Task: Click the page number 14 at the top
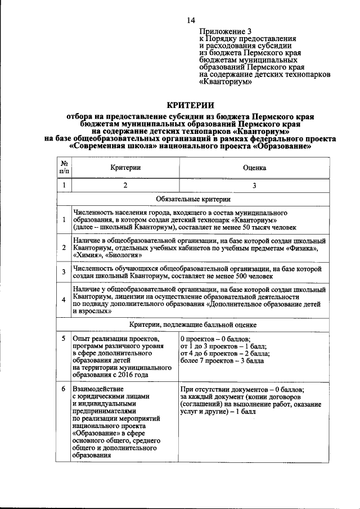click(190, 20)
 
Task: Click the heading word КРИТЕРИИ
click(190, 105)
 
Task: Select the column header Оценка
click(254, 168)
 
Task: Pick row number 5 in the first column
click(64, 339)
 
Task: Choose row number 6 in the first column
click(64, 389)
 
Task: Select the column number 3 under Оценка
click(254, 185)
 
